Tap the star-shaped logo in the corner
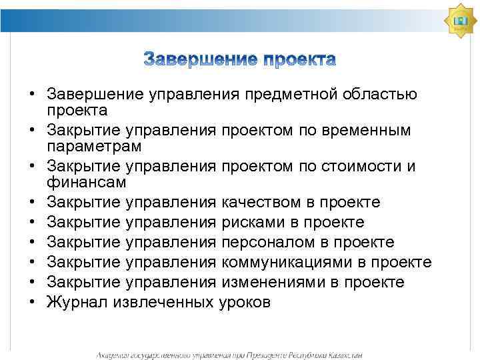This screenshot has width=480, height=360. point(461,21)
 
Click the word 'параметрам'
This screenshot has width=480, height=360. point(92,145)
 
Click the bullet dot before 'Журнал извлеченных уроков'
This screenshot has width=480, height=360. point(32,302)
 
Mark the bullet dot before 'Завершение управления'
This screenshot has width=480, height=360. point(32,95)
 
